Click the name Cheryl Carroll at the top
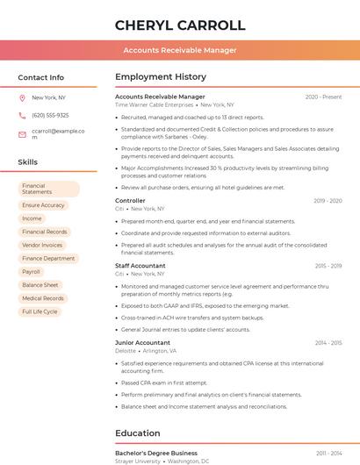point(179,25)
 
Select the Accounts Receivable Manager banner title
point(179,50)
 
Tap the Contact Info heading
point(40,77)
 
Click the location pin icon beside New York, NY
point(22,97)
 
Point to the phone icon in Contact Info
point(22,115)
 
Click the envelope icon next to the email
point(22,134)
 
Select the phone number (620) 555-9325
point(50,115)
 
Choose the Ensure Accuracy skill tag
point(43,205)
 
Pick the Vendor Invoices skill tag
point(42,245)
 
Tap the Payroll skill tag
point(32,272)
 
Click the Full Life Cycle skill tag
point(40,311)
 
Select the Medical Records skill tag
point(43,298)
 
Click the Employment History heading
point(160,77)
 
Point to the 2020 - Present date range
point(323,97)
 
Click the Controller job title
point(130,201)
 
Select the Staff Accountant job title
point(140,266)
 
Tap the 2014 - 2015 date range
point(328,343)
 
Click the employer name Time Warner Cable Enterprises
point(154,104)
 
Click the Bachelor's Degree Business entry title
point(155,453)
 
